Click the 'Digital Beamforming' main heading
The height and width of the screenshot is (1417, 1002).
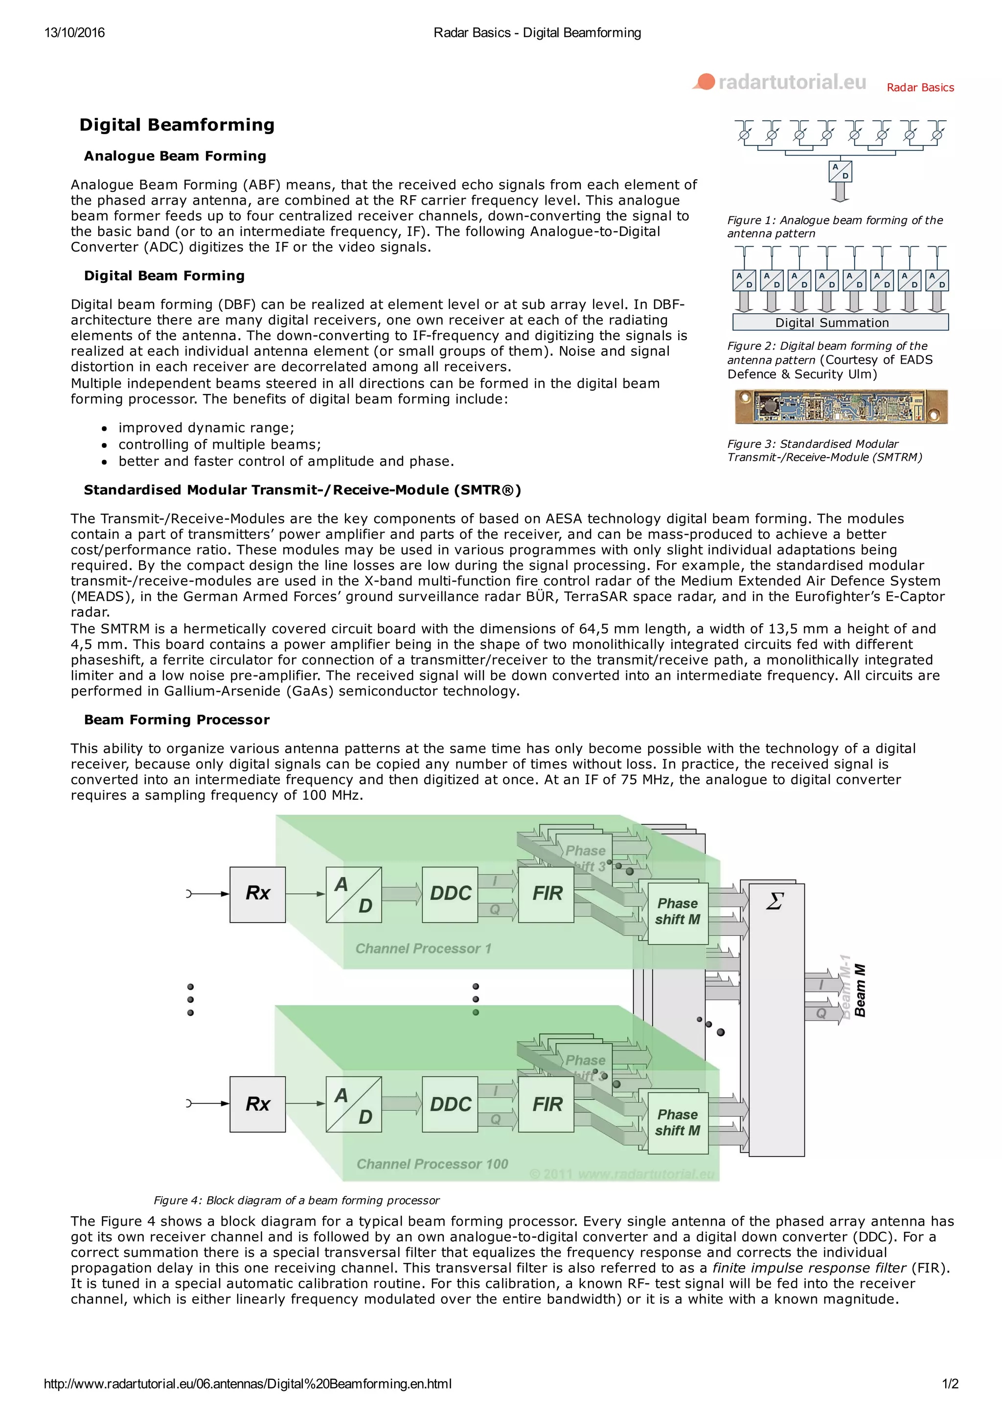(177, 125)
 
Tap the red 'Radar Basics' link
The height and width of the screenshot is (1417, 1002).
(919, 88)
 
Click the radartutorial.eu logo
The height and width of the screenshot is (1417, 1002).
(780, 82)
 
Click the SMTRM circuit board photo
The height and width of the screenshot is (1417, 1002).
(841, 407)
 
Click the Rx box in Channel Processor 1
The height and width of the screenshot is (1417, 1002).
(257, 894)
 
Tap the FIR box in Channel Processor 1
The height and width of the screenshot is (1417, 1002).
(546, 894)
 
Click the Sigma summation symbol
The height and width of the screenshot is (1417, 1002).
(774, 902)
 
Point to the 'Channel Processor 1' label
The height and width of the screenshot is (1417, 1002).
(423, 949)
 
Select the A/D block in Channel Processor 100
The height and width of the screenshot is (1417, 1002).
(354, 1104)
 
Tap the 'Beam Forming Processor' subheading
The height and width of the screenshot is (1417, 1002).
(177, 720)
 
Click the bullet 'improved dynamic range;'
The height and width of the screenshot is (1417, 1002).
(206, 428)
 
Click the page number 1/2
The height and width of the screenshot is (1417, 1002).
(950, 1384)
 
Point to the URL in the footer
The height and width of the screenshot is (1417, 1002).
(248, 1384)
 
